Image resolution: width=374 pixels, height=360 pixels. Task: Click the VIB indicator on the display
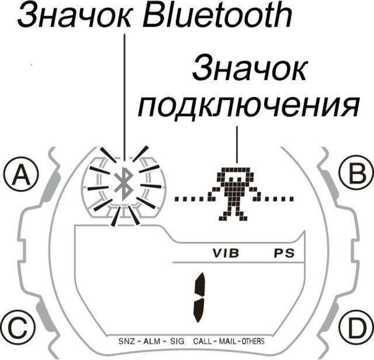coord(226,253)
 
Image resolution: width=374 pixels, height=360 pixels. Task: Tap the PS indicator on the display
coord(284,253)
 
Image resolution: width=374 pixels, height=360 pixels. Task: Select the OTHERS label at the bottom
coord(252,342)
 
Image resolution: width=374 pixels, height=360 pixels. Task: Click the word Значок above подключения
coord(249,69)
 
